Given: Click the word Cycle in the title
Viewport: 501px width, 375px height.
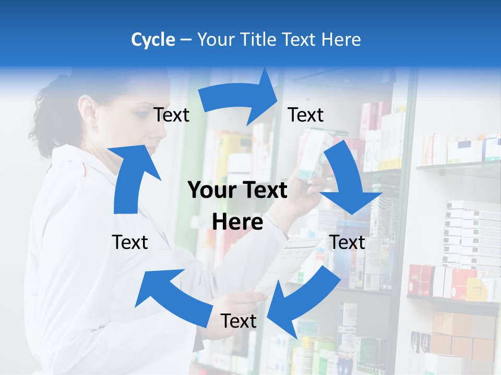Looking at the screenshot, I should pos(153,40).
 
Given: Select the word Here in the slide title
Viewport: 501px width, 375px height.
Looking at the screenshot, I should pos(340,40).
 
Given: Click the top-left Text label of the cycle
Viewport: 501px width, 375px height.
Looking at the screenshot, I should pos(171,115).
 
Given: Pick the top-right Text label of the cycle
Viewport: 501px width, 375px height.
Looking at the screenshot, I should pos(306,115).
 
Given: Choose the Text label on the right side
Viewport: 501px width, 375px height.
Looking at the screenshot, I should pos(347,242).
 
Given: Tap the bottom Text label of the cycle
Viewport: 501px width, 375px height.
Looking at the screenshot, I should pos(238,321).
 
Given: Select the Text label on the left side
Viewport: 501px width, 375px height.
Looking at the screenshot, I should pos(130,242).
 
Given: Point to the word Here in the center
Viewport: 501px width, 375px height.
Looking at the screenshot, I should pos(237,222).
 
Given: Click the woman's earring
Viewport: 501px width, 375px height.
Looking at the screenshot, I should pos(94,128).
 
